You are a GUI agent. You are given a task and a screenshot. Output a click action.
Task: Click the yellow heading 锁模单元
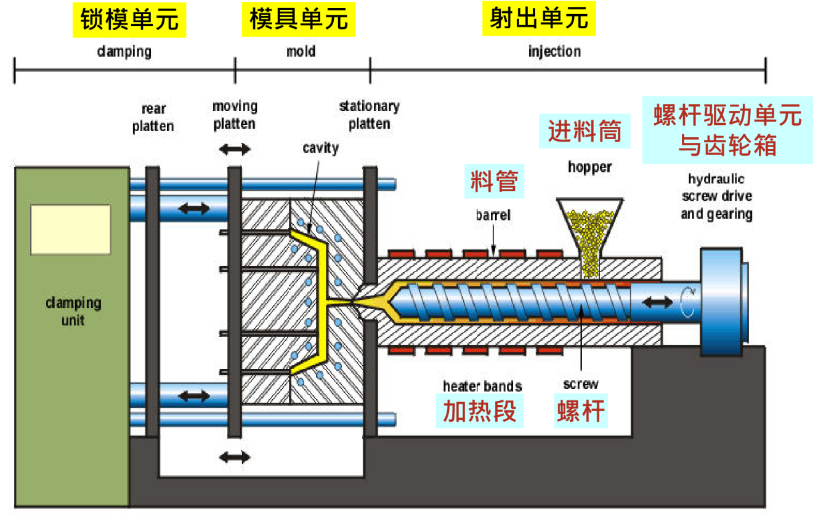click(129, 20)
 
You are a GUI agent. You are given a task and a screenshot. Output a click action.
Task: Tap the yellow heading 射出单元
click(539, 20)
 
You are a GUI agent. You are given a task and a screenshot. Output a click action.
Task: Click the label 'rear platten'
click(153, 118)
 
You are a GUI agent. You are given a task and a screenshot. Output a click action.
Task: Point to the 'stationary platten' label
click(369, 115)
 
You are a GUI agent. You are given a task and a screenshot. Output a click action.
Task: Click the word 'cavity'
click(320, 148)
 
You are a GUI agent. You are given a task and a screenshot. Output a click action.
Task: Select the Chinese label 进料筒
click(584, 132)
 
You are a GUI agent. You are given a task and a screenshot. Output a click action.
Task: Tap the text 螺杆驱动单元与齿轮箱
click(727, 131)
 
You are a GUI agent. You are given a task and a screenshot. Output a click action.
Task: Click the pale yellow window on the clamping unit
click(71, 230)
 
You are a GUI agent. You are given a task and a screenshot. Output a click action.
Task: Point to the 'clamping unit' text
click(73, 312)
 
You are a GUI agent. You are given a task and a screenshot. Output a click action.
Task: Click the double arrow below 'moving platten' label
click(235, 149)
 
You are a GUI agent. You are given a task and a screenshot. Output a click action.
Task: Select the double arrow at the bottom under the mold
click(235, 457)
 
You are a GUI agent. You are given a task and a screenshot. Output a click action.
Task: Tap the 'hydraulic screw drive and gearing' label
click(716, 196)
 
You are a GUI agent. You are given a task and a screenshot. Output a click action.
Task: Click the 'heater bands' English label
click(482, 386)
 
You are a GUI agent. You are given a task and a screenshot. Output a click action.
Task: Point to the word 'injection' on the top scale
click(554, 51)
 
